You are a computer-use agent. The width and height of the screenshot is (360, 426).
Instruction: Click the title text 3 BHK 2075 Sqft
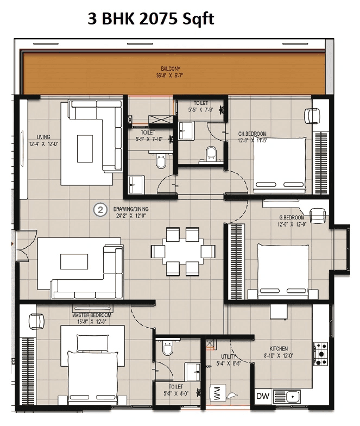pos(151,20)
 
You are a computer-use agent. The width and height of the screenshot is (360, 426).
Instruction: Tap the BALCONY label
pos(167,68)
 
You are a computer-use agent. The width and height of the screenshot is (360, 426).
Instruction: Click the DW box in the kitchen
pos(263,397)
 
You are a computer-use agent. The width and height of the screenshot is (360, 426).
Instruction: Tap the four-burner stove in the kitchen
pos(320,353)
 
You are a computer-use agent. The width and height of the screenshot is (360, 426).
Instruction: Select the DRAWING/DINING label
pos(131,209)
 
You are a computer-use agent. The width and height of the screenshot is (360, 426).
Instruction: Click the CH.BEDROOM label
pos(252,133)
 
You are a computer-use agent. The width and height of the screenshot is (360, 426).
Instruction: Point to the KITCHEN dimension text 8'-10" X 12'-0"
pos(279,356)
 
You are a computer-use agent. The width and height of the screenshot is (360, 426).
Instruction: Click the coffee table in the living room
pos(85,148)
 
